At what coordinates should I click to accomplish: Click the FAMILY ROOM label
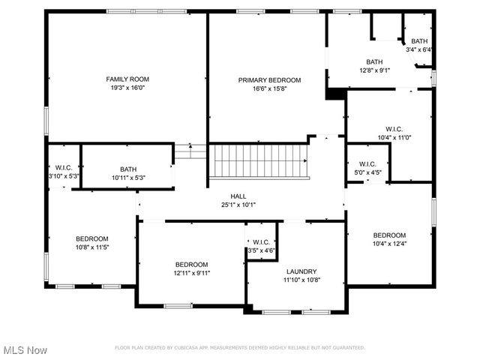pos(127,79)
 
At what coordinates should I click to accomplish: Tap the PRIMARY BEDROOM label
pos(269,80)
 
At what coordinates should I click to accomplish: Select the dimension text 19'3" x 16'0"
pos(127,88)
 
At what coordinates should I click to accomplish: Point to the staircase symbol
pos(259,160)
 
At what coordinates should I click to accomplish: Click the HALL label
pos(238,195)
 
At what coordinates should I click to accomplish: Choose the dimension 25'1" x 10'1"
pos(238,204)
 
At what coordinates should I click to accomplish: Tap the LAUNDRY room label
pos(301,271)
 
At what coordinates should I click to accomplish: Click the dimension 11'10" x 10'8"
pos(301,280)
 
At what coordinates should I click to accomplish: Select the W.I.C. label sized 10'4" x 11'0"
pos(394,129)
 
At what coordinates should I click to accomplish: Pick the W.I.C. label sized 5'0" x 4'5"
pos(367,164)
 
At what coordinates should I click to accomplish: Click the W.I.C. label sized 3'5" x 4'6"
pos(261,242)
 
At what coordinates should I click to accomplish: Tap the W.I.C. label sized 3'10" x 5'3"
pos(63,168)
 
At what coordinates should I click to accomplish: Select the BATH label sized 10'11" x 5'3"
pos(128,169)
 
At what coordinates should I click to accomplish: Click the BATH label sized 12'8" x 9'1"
pos(374,62)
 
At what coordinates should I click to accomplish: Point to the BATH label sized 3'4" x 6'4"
pos(419,41)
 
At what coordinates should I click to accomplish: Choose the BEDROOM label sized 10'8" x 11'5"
pos(91,238)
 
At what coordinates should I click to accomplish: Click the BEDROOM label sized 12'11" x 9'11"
pos(192,264)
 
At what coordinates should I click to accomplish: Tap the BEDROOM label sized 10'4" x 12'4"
pos(389,235)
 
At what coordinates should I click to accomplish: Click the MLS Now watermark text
pos(25,350)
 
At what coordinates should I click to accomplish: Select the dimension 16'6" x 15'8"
pos(269,88)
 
